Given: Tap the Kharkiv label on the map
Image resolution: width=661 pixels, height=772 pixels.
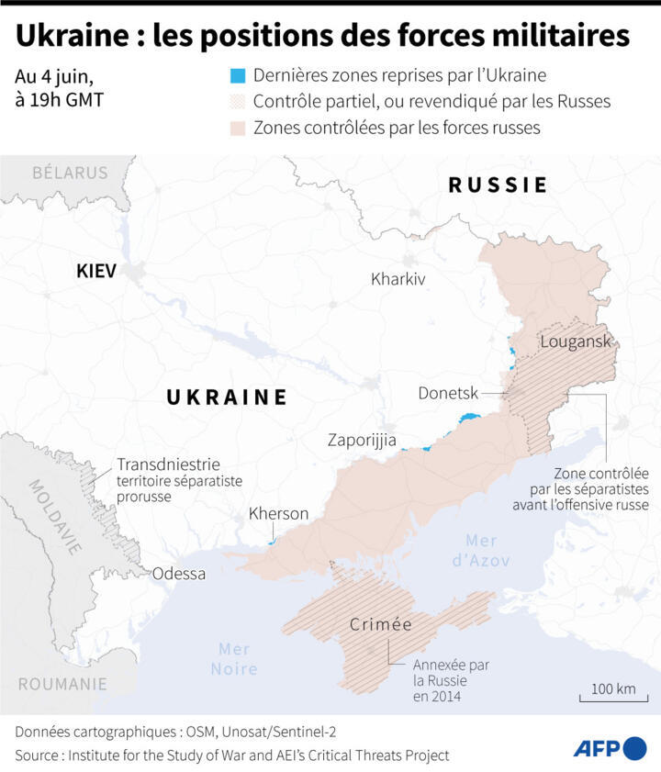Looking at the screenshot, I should coord(398,279).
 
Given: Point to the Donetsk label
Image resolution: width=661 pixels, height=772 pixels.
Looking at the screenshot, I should coord(448,393).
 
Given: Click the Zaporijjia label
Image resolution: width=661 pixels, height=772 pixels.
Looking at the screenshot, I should coord(362,441).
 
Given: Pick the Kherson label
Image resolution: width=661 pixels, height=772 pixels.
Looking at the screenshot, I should coord(278,514).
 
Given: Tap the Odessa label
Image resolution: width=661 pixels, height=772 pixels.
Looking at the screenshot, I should coord(179,574).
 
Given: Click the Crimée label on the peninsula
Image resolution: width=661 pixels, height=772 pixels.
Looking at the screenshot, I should coord(380,625).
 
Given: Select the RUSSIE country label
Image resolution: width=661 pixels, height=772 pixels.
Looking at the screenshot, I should coord(498,185).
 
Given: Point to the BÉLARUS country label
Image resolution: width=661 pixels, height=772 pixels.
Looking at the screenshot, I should coord(70,173).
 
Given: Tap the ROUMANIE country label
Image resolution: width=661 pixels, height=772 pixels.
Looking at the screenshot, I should coord(62,684).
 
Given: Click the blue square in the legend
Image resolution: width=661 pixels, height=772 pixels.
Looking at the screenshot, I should coord(238,75).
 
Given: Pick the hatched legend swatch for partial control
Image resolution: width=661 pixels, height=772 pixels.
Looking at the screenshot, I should coord(238,101).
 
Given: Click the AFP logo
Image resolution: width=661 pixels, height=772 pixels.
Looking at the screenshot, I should coord(610,748).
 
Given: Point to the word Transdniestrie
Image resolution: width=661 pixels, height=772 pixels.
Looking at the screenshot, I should coord(168,464).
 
